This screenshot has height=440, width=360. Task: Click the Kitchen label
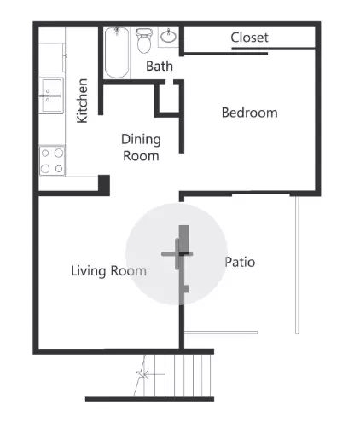click(x=83, y=101)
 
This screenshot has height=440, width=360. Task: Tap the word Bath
click(x=160, y=66)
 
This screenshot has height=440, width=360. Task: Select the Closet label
click(x=249, y=38)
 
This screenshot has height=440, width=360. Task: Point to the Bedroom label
click(x=249, y=113)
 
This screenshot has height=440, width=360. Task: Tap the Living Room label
click(x=107, y=271)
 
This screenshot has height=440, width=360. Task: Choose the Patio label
click(x=240, y=262)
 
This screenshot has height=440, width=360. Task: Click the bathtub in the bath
click(x=117, y=52)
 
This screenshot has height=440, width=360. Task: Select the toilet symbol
click(x=144, y=39)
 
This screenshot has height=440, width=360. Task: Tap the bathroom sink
click(x=169, y=37)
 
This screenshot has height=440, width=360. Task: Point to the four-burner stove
click(x=52, y=160)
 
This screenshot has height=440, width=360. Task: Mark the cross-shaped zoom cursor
click(x=182, y=254)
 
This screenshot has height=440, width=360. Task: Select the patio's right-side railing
click(x=296, y=264)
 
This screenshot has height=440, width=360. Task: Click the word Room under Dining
click(x=141, y=156)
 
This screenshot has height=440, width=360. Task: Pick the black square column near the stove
click(x=104, y=182)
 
